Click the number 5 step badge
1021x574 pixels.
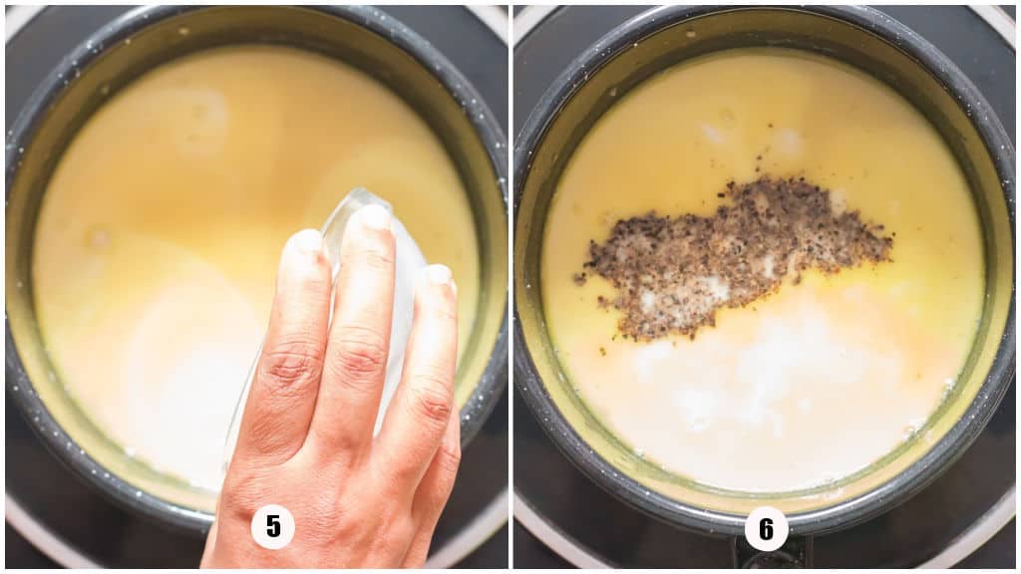[272, 526]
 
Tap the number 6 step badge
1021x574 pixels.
[766, 528]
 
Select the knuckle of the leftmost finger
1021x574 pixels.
[291, 367]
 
